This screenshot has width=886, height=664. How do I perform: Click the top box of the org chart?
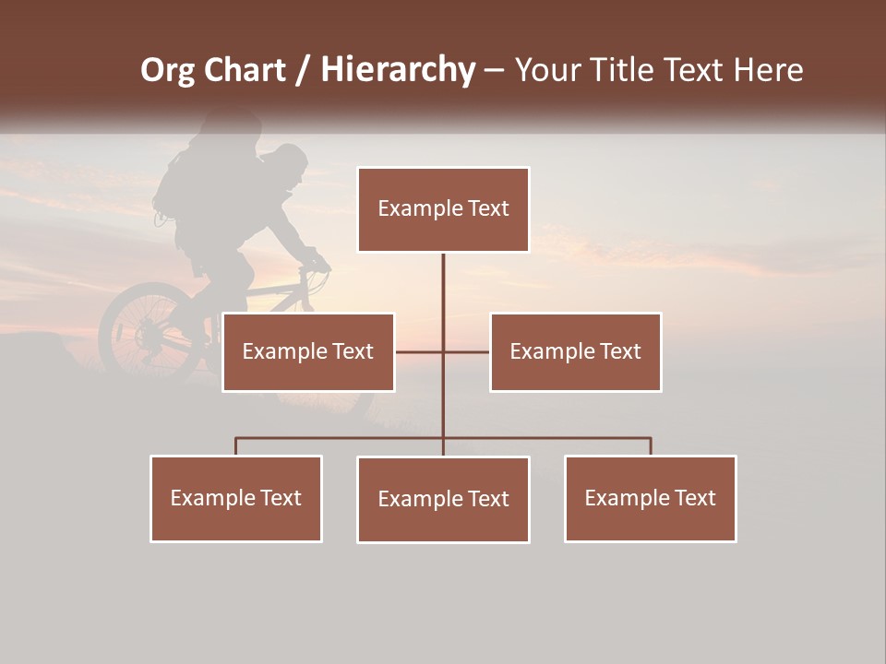(x=443, y=209)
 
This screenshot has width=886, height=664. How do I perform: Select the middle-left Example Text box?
(x=308, y=351)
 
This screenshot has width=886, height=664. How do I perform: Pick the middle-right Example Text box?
(x=575, y=351)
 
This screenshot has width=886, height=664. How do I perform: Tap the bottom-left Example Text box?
(x=236, y=498)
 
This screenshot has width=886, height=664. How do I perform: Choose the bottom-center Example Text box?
(x=443, y=499)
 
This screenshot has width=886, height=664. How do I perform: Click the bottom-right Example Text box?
(x=650, y=498)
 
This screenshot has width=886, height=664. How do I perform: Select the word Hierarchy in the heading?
(x=398, y=71)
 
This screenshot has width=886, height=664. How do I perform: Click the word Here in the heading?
(x=768, y=70)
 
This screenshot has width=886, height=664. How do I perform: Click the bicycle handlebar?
(x=315, y=263)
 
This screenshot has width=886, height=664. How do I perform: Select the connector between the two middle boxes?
(x=443, y=351)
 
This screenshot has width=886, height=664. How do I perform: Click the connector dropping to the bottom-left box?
(x=236, y=445)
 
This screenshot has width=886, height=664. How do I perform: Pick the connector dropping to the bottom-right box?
(x=651, y=445)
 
